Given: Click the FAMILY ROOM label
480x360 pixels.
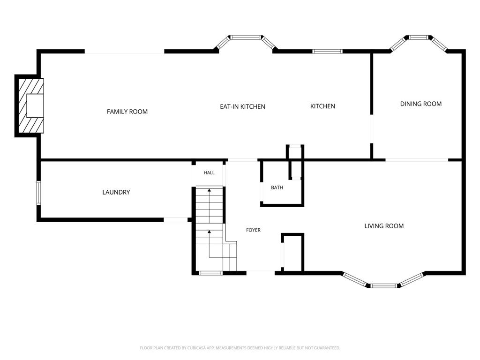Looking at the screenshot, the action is coord(127,112).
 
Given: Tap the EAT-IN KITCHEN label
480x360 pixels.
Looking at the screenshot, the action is coord(242,106).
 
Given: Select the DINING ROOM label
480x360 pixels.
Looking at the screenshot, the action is coord(421,104).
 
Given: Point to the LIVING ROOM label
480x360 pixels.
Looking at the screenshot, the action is coord(384,226).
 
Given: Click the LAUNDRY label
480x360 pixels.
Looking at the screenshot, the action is coord(116,192).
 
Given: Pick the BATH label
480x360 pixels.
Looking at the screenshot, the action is coord(277,187).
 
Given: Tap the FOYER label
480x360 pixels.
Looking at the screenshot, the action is coord(254,230).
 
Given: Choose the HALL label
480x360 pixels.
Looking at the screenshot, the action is coord(209,172).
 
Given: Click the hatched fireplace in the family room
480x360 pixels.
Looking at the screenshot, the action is coord(31,106).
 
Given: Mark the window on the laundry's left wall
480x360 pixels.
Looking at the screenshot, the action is coord(39,193).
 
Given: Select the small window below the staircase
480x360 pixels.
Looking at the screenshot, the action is coord(210,273).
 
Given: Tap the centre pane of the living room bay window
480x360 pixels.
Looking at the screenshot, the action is coord(384,286).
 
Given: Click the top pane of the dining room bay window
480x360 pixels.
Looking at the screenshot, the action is coord(418,37).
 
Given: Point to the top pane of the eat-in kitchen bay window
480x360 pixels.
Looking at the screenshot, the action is coord(246,37).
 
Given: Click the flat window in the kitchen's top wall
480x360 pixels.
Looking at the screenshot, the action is coord(327,51).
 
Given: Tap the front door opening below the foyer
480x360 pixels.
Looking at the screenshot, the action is coord(261,271).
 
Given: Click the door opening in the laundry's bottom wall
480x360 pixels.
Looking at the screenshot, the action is coord(176,219).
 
